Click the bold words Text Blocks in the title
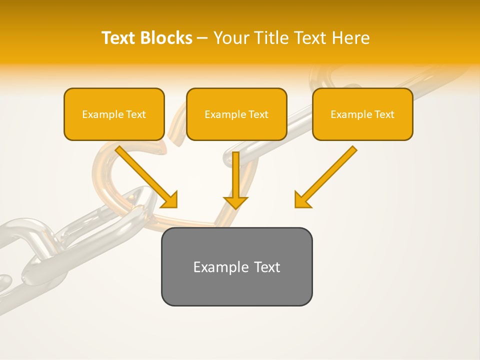point(147,38)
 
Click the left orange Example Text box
point(114,114)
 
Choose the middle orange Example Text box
point(236,114)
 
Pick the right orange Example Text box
point(362,114)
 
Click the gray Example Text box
point(236,266)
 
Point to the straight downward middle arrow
point(235,175)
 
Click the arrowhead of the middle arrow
point(235,202)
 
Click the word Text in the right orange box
point(384,114)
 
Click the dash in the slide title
point(202,38)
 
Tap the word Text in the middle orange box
point(258,114)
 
